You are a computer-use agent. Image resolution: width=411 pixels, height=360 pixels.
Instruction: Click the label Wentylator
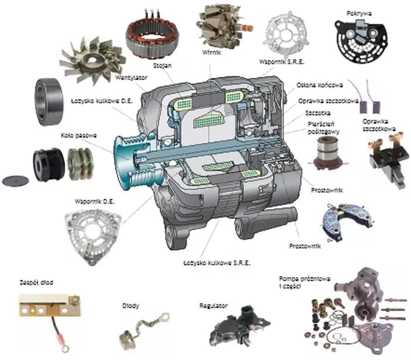point(131,76)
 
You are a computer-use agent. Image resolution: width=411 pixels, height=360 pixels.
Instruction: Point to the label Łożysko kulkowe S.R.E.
point(217,264)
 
